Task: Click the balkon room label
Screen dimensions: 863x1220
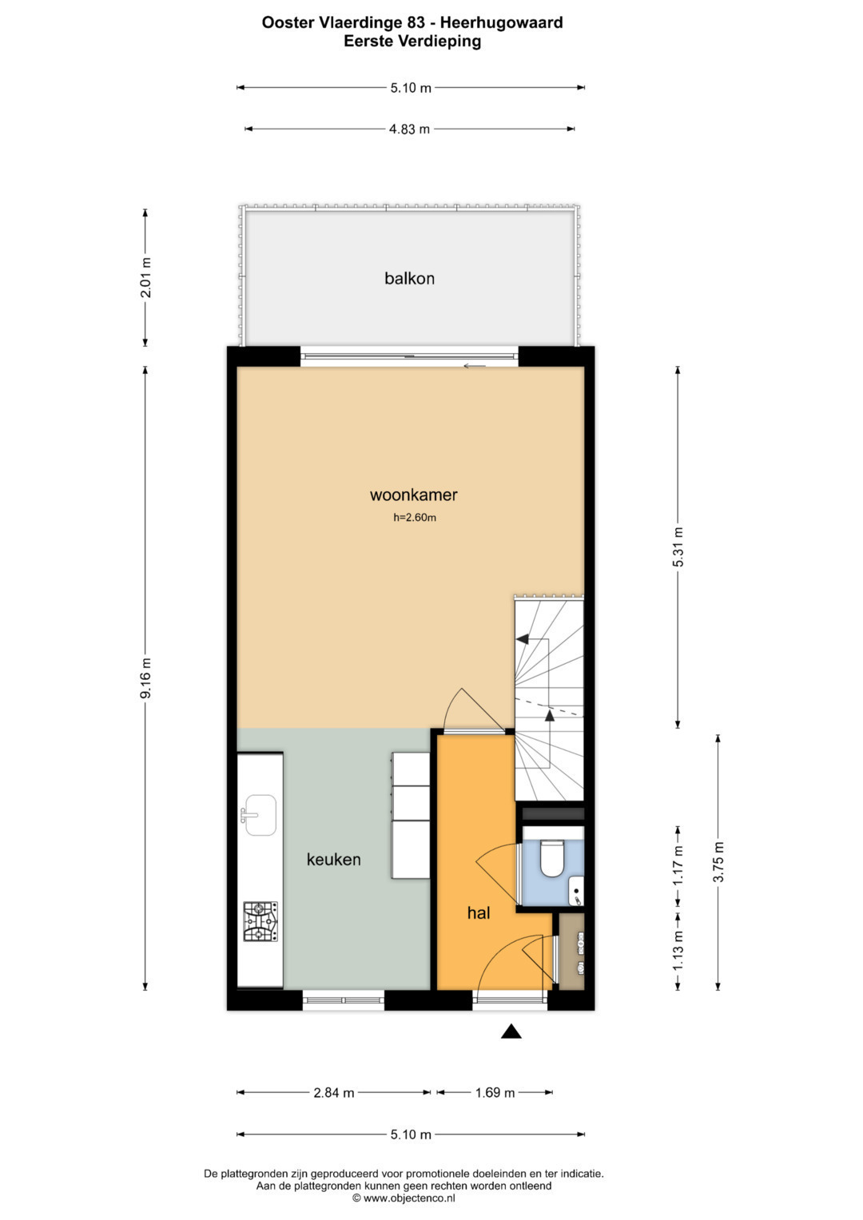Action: pyautogui.click(x=409, y=278)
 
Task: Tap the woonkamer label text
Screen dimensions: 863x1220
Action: pyautogui.click(x=414, y=495)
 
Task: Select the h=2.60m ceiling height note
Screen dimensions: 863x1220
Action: pyautogui.click(x=415, y=518)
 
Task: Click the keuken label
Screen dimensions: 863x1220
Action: pyautogui.click(x=333, y=859)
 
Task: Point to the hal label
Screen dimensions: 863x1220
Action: pyautogui.click(x=479, y=912)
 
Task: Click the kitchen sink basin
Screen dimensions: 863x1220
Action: pyautogui.click(x=260, y=814)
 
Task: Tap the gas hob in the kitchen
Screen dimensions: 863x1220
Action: pyautogui.click(x=260, y=921)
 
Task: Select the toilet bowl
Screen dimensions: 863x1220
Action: pyautogui.click(x=551, y=859)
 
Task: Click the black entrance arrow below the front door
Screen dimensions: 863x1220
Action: pyautogui.click(x=511, y=1031)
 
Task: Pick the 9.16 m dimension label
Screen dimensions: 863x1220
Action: pyautogui.click(x=145, y=678)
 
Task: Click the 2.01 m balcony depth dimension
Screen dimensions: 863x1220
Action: pyautogui.click(x=145, y=278)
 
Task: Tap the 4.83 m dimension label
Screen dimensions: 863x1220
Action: pyautogui.click(x=409, y=129)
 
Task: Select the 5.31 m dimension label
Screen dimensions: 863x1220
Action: pyautogui.click(x=678, y=546)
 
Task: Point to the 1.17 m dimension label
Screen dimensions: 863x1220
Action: pyautogui.click(x=678, y=866)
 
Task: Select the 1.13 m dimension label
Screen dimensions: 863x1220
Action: pyautogui.click(x=678, y=951)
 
